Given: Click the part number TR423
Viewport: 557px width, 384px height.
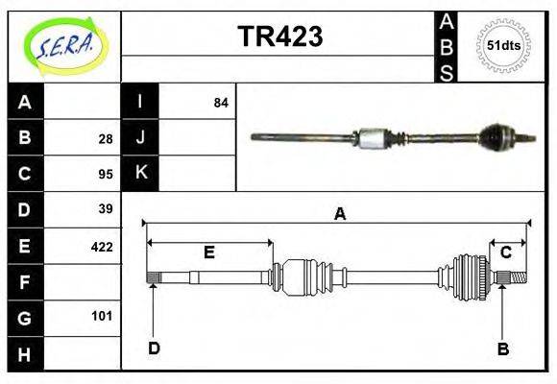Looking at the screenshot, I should (x=279, y=36).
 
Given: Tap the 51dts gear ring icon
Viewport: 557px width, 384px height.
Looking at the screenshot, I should (x=504, y=45).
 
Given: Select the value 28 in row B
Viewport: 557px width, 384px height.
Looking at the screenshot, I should (x=105, y=138).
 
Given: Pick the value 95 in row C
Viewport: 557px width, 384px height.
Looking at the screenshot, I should (x=105, y=174).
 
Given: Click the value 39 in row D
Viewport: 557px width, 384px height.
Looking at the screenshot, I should (x=105, y=209).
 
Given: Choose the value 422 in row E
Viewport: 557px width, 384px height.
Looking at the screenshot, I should (x=102, y=246).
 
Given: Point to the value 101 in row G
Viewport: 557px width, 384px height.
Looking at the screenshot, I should (x=102, y=316).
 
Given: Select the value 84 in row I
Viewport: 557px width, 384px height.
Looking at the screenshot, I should (x=221, y=103).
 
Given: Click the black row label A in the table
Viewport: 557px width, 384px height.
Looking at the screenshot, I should (x=25, y=103).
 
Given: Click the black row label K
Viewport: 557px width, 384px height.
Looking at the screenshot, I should (x=140, y=173).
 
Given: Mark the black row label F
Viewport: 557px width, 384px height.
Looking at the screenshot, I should (x=25, y=282).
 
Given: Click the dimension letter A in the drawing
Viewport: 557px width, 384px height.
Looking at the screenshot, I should (x=339, y=215).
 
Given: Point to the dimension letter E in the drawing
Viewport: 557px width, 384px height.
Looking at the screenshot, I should (x=208, y=252).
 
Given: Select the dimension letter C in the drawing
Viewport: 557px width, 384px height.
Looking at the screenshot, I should (x=506, y=252).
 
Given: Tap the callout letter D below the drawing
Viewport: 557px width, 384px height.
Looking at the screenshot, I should (x=154, y=348).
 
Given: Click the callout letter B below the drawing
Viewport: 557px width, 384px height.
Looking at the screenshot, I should (x=502, y=348).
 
